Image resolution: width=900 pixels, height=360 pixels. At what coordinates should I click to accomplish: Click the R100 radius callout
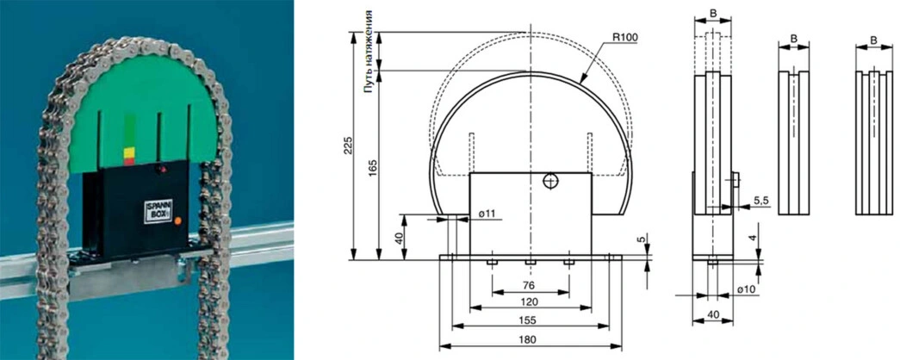(625, 37)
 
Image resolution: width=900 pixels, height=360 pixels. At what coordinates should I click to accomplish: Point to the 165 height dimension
(373, 171)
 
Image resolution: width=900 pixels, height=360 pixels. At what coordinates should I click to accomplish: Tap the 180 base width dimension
(530, 339)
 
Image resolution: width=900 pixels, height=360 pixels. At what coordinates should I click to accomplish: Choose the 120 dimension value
(530, 301)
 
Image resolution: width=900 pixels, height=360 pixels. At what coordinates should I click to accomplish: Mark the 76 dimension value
(529, 285)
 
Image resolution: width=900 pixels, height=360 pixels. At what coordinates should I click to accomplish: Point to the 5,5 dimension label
(761, 201)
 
